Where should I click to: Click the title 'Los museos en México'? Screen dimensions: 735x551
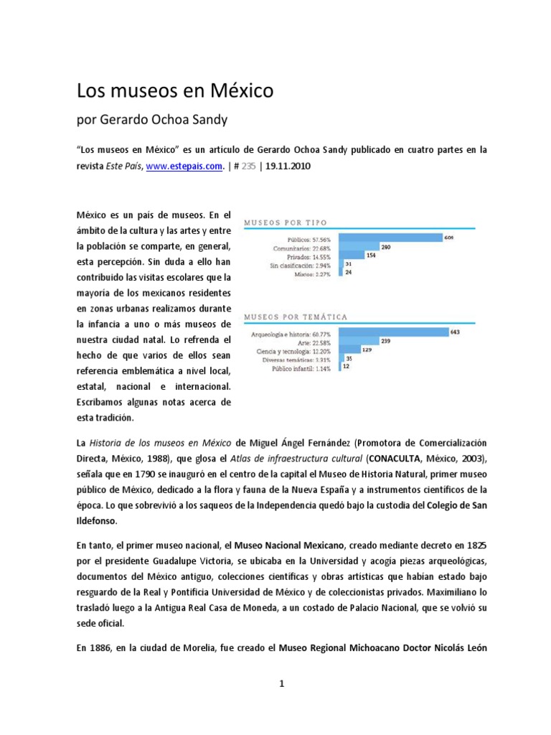pyautogui.click(x=175, y=91)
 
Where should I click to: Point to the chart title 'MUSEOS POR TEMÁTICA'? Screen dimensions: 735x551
pyautogui.click(x=296, y=316)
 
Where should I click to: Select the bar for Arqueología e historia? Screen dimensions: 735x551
pyautogui.click(x=392, y=332)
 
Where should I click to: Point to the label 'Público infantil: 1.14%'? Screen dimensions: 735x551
pyautogui.click(x=302, y=367)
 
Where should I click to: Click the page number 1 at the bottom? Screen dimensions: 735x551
pyautogui.click(x=282, y=684)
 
